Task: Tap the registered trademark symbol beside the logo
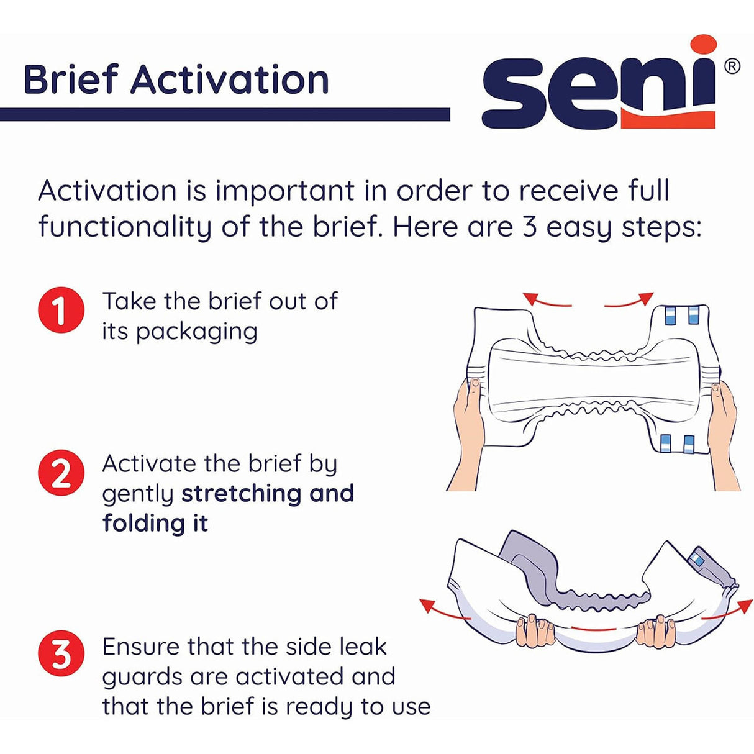[x=732, y=66]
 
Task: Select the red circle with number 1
[x=61, y=310]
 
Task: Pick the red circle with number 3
[x=61, y=654]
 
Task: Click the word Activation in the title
[x=229, y=81]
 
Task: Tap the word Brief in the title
[x=70, y=81]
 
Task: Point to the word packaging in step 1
[x=196, y=332]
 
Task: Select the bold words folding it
[x=155, y=523]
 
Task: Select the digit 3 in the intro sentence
[x=529, y=227]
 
